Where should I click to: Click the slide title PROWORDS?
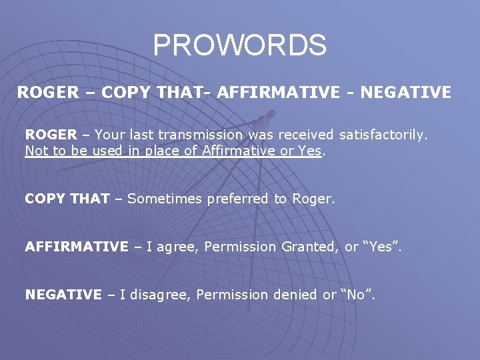pyautogui.click(x=239, y=45)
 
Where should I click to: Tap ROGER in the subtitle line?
pyautogui.click(x=47, y=93)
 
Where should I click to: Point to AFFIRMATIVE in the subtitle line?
pyautogui.click(x=278, y=93)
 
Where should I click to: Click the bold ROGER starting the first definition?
pyautogui.click(x=51, y=135)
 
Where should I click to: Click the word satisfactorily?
pyautogui.click(x=383, y=135)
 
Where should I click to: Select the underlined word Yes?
pyautogui.click(x=310, y=151)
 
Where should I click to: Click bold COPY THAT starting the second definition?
pyautogui.click(x=67, y=199)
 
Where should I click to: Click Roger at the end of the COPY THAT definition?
pyautogui.click(x=313, y=199)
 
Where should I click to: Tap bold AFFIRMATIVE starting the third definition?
pyautogui.click(x=77, y=247)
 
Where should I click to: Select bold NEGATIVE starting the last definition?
pyautogui.click(x=63, y=295)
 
